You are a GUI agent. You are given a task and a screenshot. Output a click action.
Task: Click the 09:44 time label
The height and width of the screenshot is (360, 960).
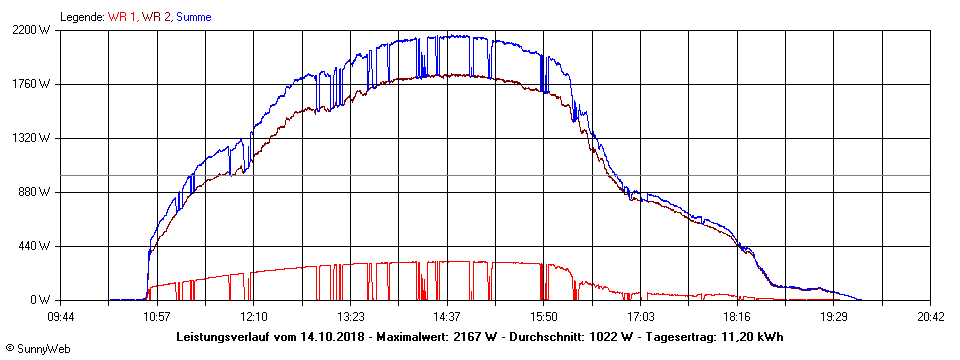[x=60, y=316]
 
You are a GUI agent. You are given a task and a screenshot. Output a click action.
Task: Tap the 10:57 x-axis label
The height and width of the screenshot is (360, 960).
[x=157, y=316]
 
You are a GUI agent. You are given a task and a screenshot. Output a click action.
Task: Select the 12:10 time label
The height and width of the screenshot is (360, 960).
[x=253, y=316]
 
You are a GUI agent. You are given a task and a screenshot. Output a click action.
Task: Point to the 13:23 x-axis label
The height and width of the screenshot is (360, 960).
[x=350, y=316]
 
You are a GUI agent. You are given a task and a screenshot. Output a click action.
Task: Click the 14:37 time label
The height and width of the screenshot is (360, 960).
[x=447, y=316]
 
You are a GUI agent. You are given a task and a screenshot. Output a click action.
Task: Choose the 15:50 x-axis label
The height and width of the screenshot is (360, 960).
[x=543, y=316]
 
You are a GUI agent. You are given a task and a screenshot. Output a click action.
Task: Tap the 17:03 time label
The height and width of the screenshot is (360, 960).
[x=640, y=316]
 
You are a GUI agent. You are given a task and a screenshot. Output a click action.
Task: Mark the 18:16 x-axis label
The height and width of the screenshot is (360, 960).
[x=737, y=316]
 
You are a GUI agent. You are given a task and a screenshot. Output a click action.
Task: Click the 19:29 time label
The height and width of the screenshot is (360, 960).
[x=833, y=316]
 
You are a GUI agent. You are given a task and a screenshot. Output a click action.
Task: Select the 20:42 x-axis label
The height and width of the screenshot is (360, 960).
[x=930, y=316]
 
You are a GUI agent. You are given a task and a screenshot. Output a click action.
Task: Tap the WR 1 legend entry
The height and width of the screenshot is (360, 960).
[x=123, y=17]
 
